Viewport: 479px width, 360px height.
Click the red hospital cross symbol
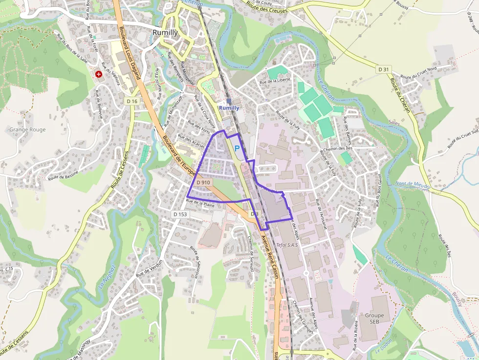coord(99,74)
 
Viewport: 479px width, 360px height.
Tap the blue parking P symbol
coord(237,148)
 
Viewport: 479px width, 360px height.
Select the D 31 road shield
coord(384,70)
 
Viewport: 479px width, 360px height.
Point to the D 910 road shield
coord(203,182)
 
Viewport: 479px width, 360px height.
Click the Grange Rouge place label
coord(27,130)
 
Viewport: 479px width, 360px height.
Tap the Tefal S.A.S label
coord(287,245)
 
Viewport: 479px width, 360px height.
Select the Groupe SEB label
coord(374,318)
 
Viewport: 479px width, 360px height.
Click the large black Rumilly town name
coord(164,33)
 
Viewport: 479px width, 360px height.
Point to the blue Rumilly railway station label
coord(229,107)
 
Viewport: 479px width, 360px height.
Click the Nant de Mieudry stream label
coord(413,185)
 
